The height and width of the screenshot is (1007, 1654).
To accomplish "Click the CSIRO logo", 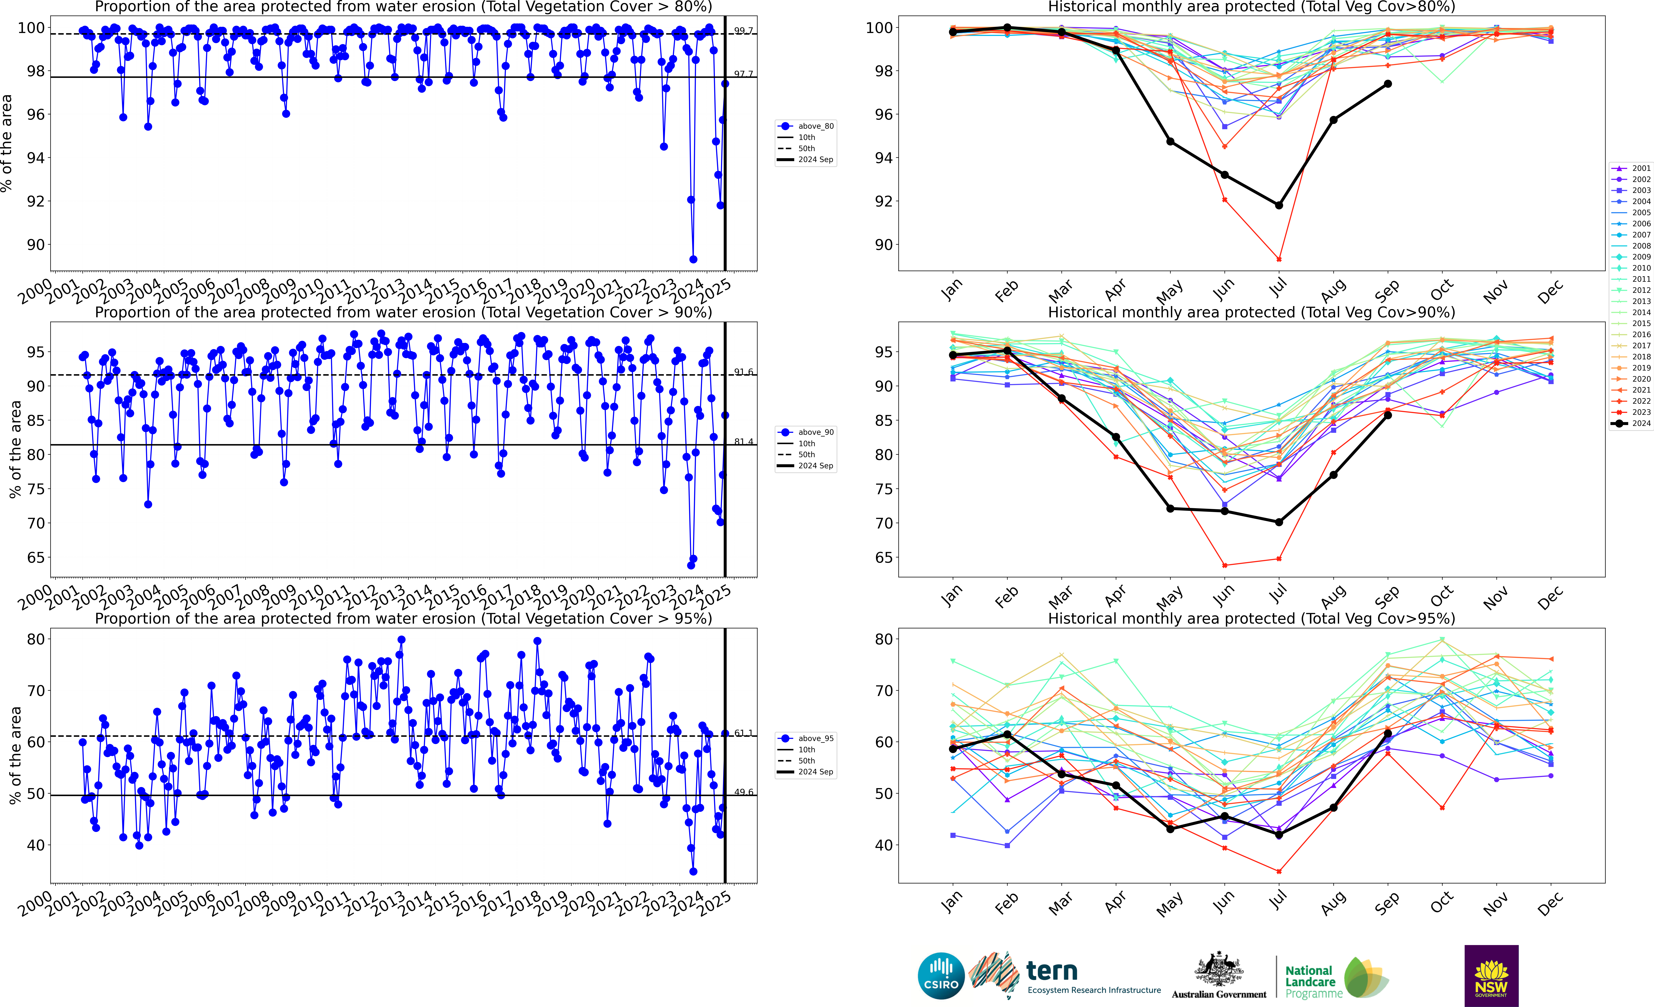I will click(940, 975).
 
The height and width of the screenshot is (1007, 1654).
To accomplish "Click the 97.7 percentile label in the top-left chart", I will click(743, 74).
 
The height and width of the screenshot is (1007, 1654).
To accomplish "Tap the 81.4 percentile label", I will click(743, 442).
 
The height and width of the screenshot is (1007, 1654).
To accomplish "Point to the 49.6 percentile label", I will click(743, 792).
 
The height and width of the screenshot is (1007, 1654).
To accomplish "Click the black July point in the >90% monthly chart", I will click(1279, 522).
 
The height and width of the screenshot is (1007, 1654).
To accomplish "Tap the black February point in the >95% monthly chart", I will click(1007, 734).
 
